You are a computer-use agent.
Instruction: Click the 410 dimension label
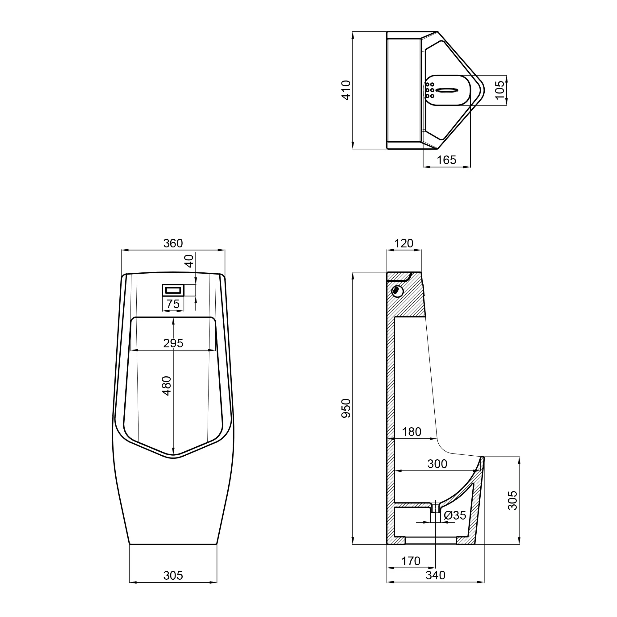[346, 90]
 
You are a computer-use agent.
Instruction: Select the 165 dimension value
[446, 160]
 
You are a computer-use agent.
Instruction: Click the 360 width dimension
[173, 243]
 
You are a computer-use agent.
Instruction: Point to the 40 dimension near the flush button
[189, 261]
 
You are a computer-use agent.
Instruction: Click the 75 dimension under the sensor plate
[173, 304]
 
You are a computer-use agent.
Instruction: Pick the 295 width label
[173, 343]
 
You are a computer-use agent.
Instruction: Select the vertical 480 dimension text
[167, 386]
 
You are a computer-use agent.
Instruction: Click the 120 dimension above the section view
[403, 243]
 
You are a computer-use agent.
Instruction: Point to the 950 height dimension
[346, 408]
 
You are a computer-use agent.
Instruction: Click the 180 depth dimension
[411, 432]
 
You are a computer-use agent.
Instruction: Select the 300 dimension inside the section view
[437, 464]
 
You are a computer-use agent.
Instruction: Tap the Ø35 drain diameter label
[455, 515]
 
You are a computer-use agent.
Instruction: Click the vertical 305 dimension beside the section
[512, 500]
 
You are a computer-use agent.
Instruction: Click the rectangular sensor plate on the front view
[173, 290]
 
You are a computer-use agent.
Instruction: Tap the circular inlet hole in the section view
[397, 291]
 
